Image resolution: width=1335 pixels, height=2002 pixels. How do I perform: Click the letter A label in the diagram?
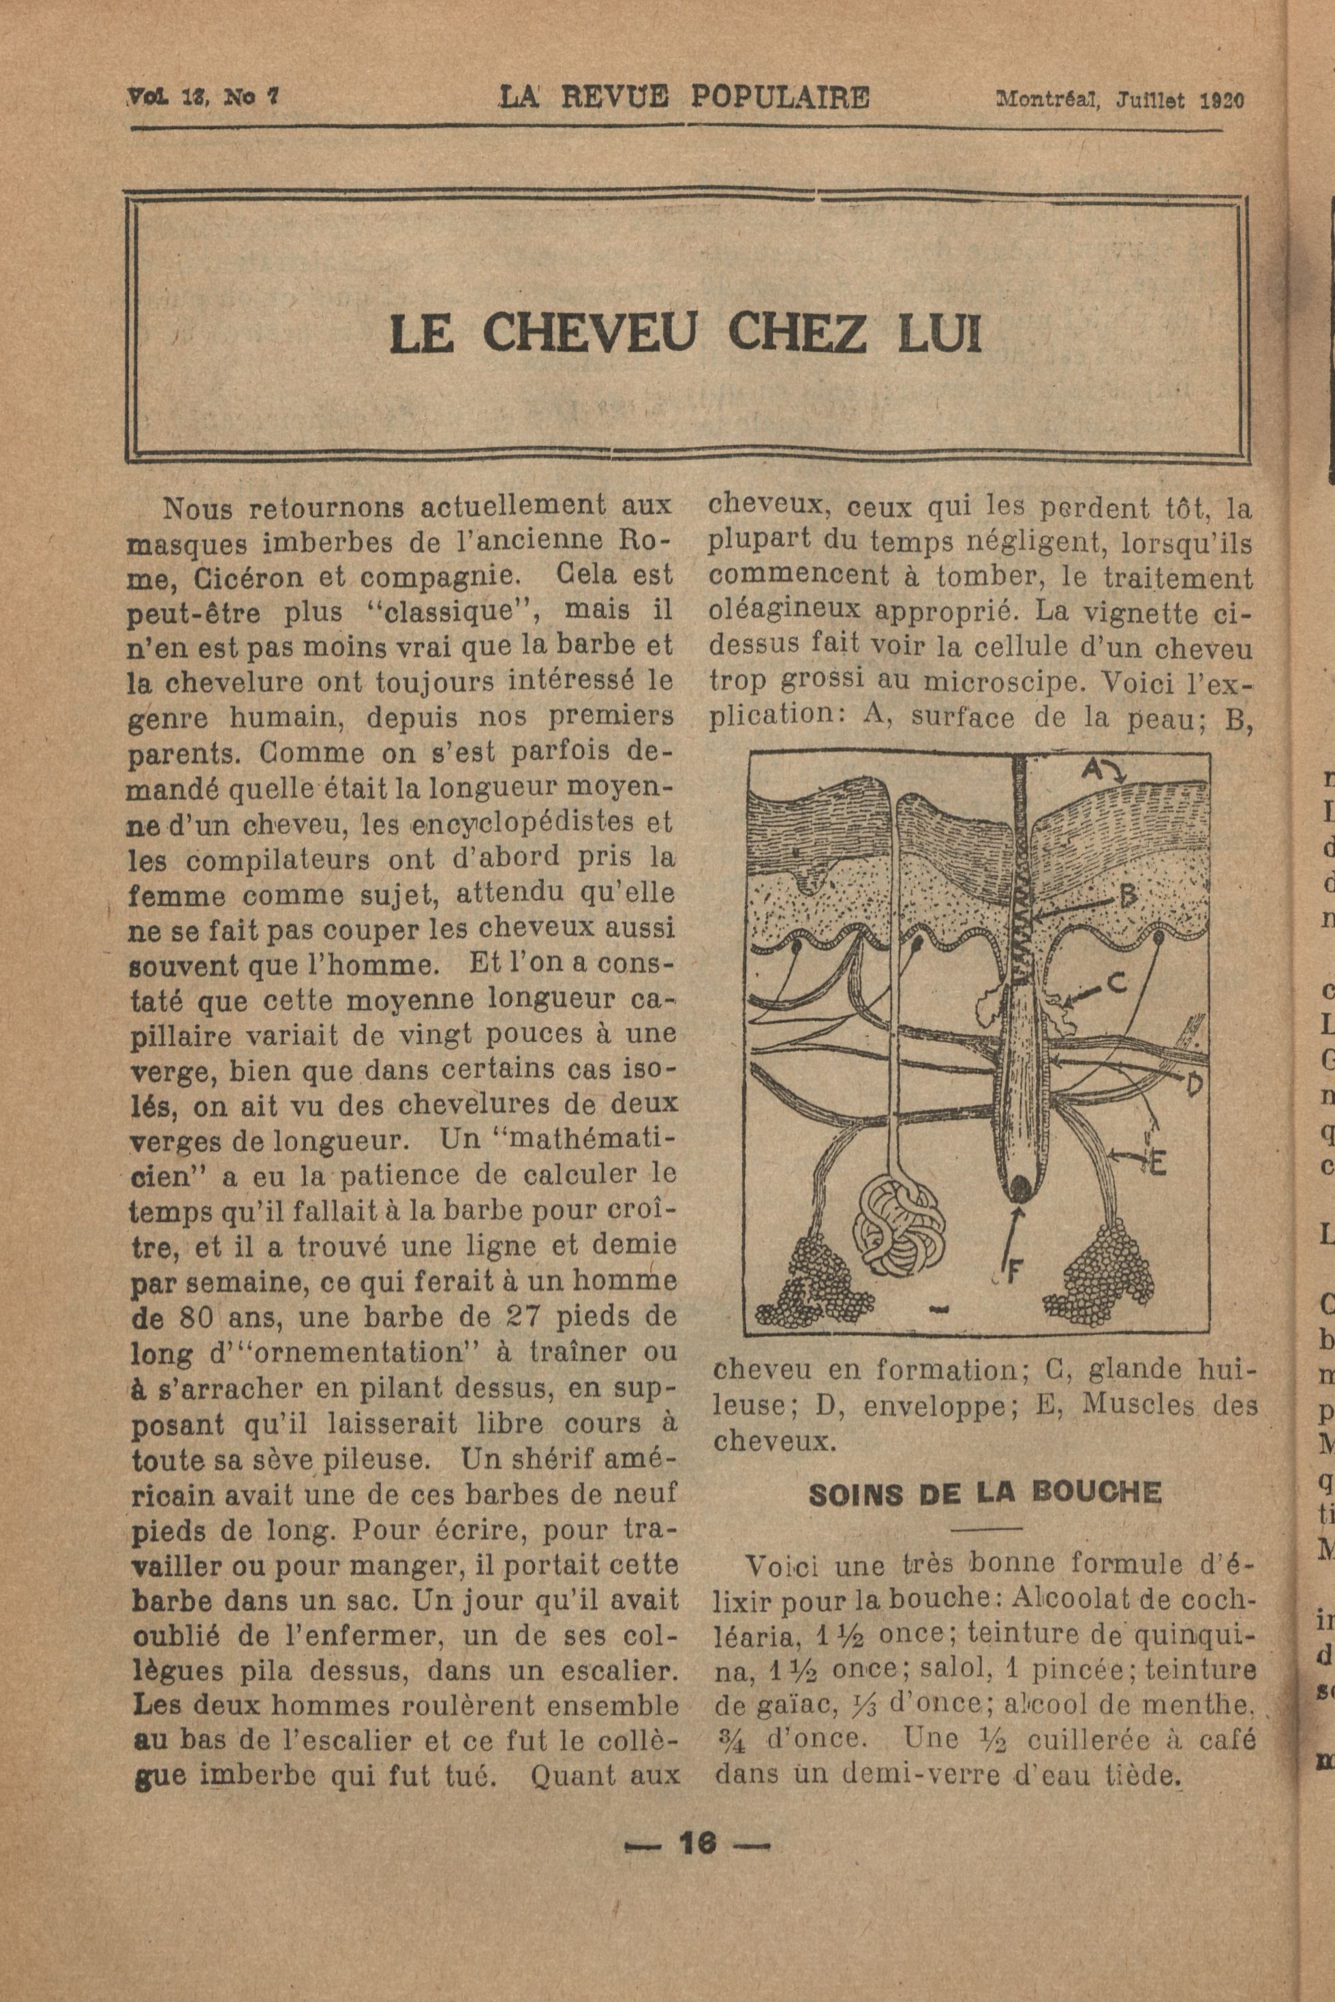[1094, 769]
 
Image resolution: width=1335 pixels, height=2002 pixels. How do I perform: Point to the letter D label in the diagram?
[1196, 1084]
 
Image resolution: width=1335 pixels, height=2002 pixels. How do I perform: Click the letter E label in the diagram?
[1155, 1163]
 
